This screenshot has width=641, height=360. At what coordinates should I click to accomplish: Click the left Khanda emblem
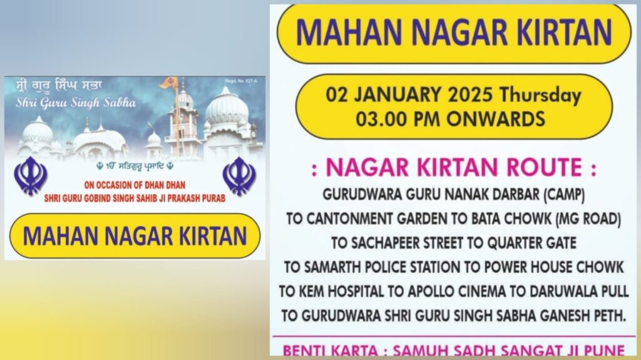(x=30, y=176)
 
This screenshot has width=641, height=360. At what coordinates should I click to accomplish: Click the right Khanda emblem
(x=240, y=176)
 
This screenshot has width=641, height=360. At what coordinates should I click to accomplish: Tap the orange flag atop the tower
(x=167, y=83)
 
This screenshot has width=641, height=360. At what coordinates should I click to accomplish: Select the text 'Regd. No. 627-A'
(x=241, y=81)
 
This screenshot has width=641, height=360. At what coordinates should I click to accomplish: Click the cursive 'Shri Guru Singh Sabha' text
(x=76, y=102)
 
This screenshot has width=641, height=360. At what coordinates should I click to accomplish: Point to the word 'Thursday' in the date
(x=540, y=95)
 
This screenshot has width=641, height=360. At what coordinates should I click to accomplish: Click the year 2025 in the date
(x=470, y=95)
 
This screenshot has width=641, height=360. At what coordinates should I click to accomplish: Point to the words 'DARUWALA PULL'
(x=579, y=291)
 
